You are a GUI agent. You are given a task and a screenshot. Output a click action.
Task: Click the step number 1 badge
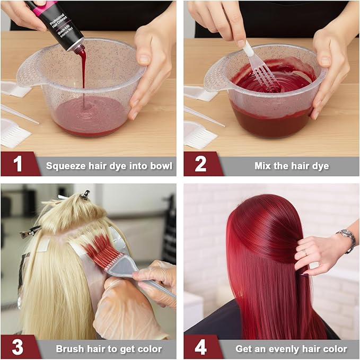point(18,164)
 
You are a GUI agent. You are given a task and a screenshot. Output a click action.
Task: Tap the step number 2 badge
point(201,164)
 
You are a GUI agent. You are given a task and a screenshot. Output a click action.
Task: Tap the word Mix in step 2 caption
point(264,166)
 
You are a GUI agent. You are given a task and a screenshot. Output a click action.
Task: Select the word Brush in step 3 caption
point(70,349)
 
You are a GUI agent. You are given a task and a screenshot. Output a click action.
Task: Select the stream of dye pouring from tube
point(82,80)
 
